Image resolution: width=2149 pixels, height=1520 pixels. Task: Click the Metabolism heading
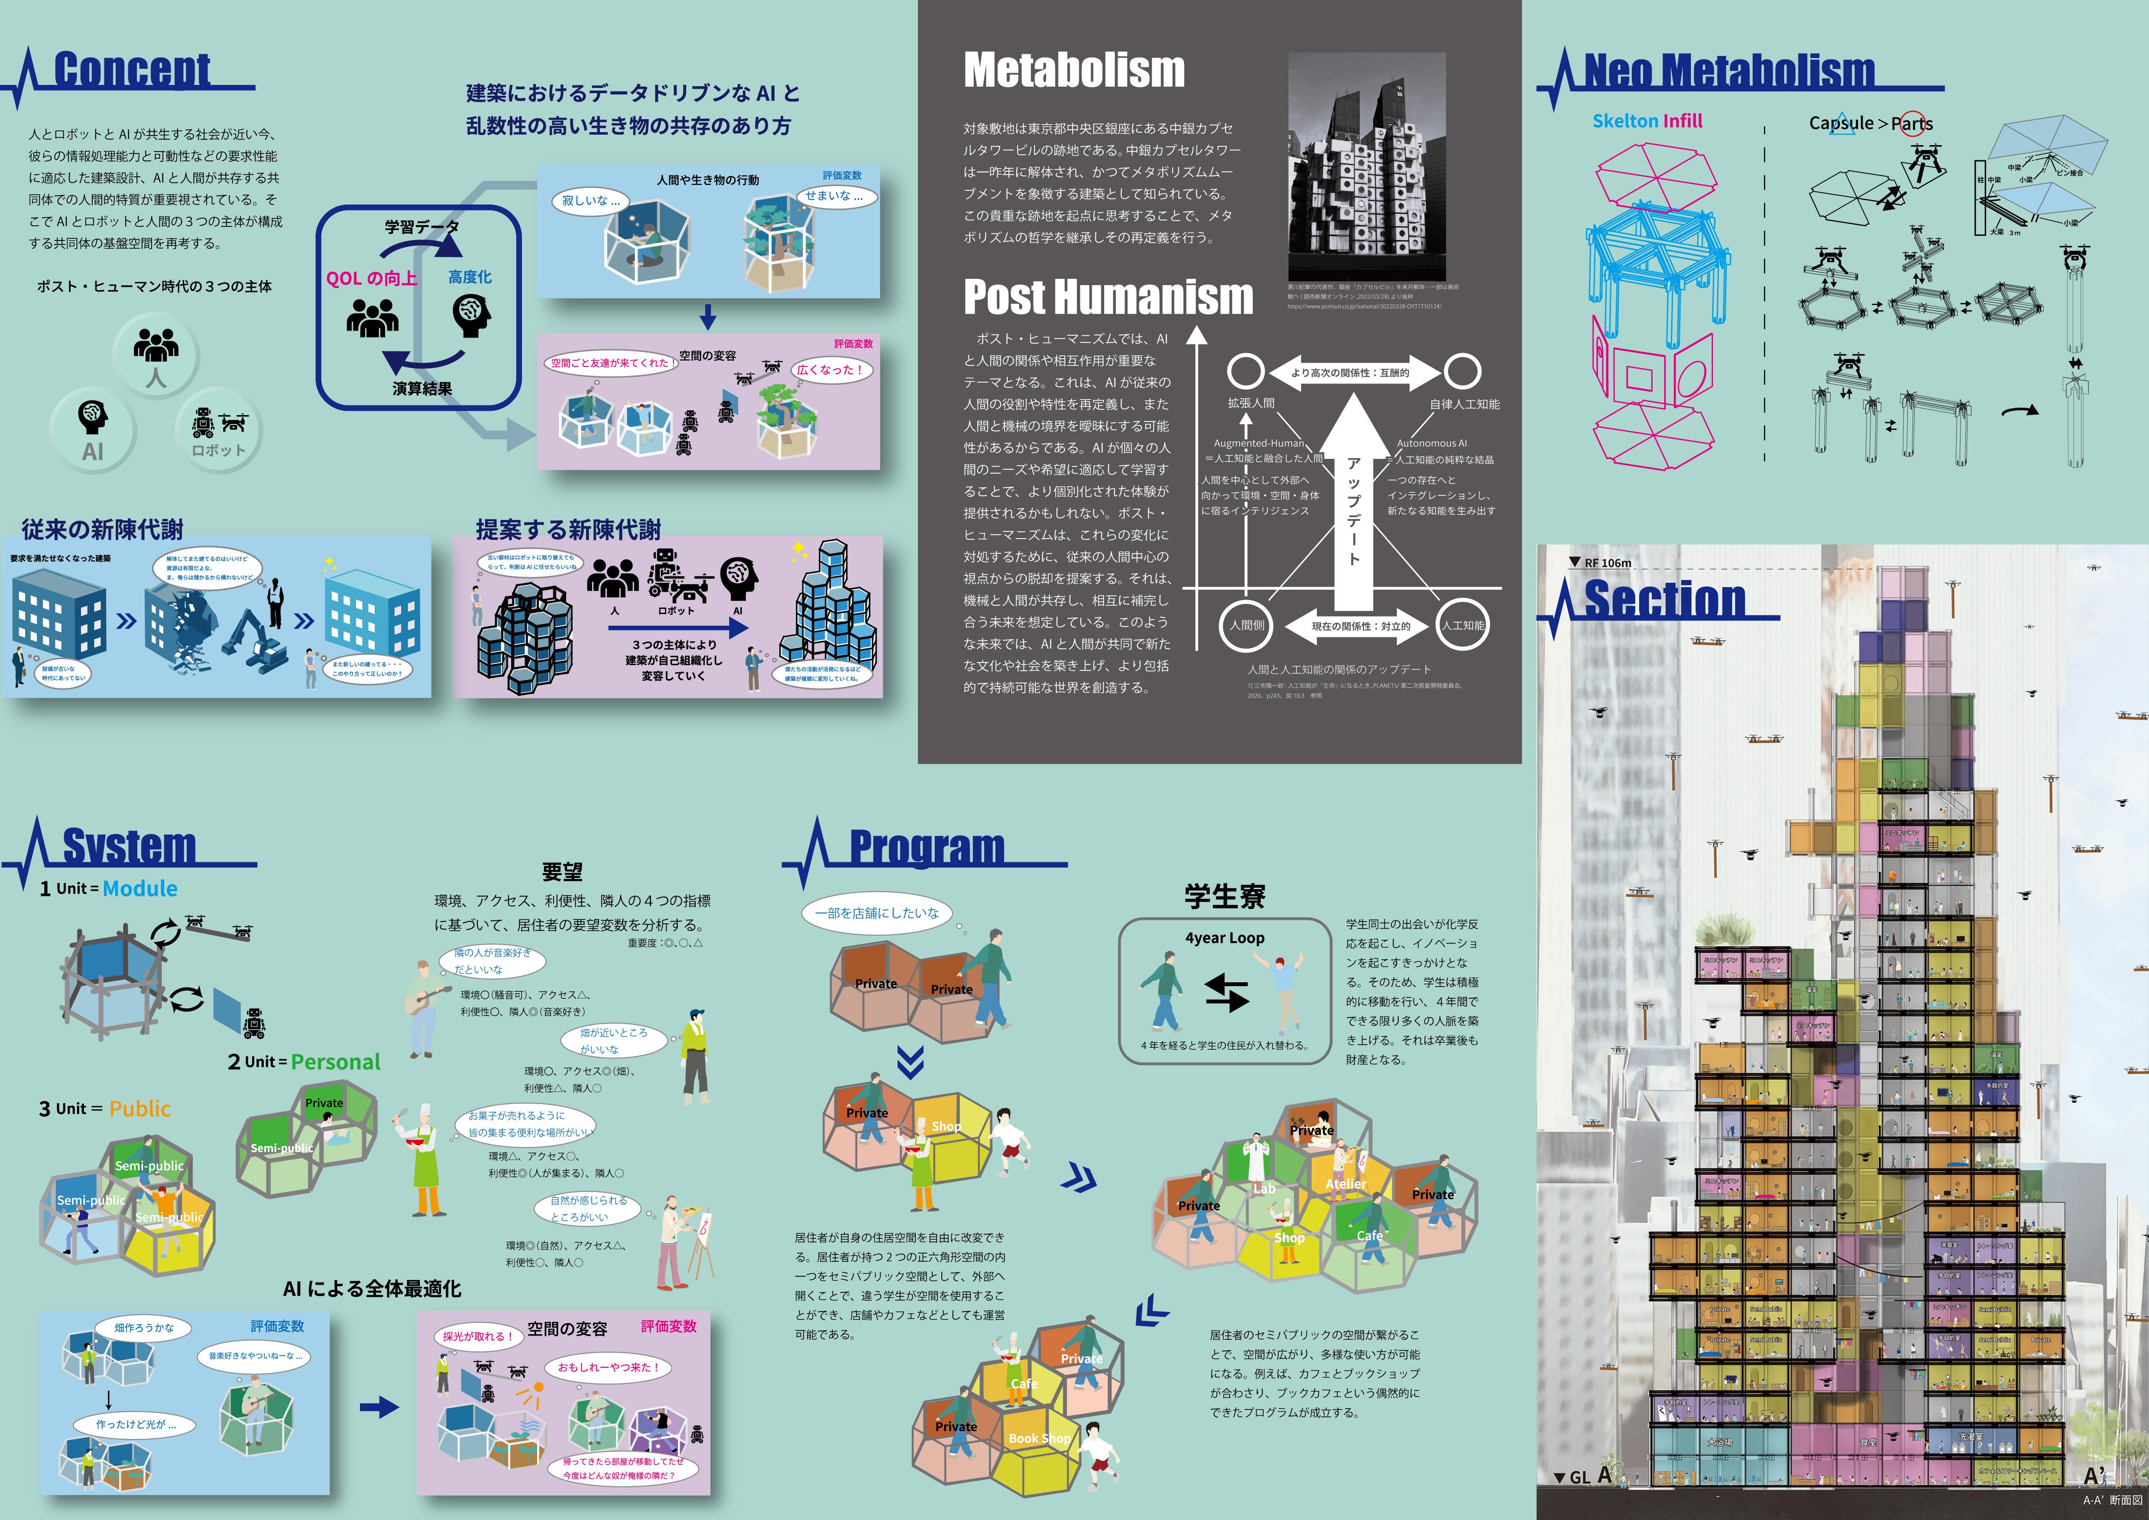(x=1073, y=70)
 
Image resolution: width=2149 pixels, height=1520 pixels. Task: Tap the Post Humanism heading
(x=1107, y=297)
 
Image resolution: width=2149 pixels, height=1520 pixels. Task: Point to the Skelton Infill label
(x=1647, y=121)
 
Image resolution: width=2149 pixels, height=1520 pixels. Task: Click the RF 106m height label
(x=1606, y=562)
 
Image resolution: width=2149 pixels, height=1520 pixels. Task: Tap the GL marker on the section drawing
(x=1578, y=1477)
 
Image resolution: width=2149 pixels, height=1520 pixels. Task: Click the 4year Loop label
(x=1224, y=938)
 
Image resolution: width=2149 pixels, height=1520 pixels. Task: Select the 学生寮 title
(x=1224, y=896)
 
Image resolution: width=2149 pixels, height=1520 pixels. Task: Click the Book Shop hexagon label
(x=1039, y=1439)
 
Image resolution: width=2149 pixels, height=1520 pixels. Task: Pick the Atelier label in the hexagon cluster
(x=1345, y=1184)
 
